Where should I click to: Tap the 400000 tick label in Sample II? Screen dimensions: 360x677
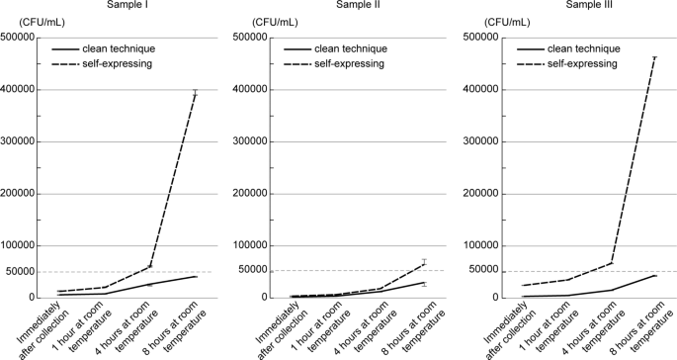pos(251,90)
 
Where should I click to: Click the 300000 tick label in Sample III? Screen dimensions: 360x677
pos(477,141)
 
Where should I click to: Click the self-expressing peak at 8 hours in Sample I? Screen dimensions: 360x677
pos(196,94)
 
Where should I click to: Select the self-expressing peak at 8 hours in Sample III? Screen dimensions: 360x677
pos(654,58)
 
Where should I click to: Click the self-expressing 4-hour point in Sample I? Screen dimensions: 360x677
pos(150,266)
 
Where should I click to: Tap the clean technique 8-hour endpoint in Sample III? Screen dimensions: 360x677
pos(654,275)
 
